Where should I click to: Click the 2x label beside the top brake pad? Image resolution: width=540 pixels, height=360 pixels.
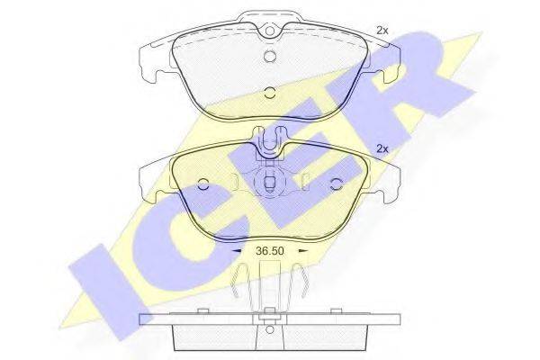pos(382,31)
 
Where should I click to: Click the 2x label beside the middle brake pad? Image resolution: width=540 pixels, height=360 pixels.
pos(382,148)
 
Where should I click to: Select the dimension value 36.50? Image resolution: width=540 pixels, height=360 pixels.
pos(270,251)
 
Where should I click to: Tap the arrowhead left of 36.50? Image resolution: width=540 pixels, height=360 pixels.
pos(238,251)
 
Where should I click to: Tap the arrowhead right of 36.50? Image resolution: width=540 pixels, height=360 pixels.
pos(302,251)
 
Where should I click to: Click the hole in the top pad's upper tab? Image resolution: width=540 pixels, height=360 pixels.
pos(270,31)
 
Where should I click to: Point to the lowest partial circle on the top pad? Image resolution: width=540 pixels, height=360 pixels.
pos(270,92)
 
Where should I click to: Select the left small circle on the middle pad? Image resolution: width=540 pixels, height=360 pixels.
pos(203,184)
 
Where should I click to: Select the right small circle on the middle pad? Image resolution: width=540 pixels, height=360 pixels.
pos(335,184)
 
